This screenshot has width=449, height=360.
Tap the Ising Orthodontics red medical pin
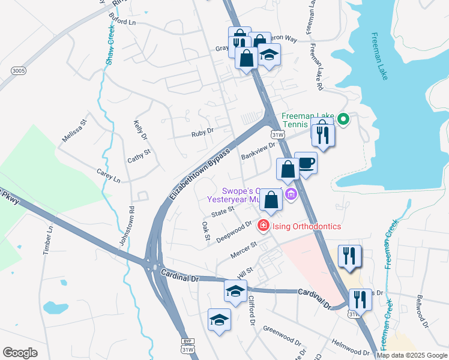(x=262, y=226)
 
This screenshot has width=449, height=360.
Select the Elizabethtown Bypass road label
(x=200, y=175)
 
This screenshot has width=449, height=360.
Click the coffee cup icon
(x=306, y=163)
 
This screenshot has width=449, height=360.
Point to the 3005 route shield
(x=18, y=71)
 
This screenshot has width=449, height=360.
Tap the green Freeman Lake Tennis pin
(x=343, y=119)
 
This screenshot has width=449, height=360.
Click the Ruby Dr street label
(x=202, y=131)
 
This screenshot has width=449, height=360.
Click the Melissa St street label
(x=74, y=130)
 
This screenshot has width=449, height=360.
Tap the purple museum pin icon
(x=292, y=194)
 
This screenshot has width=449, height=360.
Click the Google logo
(x=19, y=353)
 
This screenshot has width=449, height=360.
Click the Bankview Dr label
(x=258, y=151)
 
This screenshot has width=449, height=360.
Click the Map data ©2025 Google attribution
(x=412, y=355)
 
